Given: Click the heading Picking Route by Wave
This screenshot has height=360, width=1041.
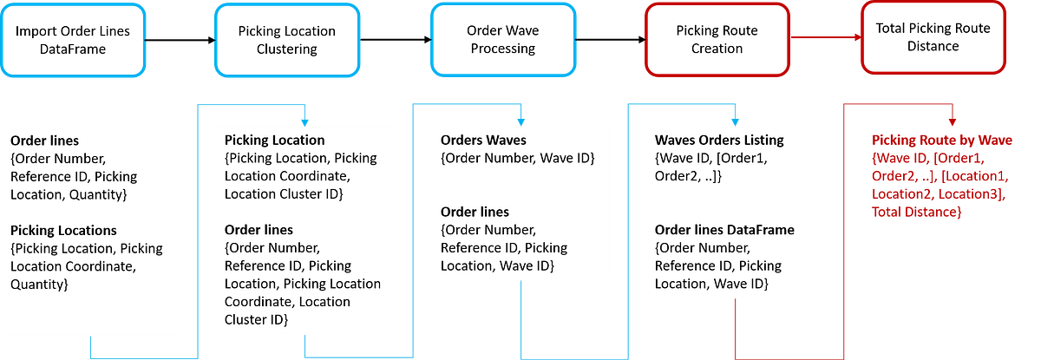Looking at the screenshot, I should point(940,141).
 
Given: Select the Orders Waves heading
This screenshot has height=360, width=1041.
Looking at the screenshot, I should point(483,141).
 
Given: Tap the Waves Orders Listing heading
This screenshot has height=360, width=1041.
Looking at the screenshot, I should point(719,141).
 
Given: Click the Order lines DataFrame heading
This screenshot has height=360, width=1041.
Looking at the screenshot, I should point(723,229).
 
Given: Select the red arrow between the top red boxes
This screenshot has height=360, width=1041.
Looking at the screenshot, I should point(824,37).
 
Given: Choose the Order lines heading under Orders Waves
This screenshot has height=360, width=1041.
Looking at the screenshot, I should point(475,212).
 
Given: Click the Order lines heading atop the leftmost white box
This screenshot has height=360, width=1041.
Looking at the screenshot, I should point(45,141).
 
